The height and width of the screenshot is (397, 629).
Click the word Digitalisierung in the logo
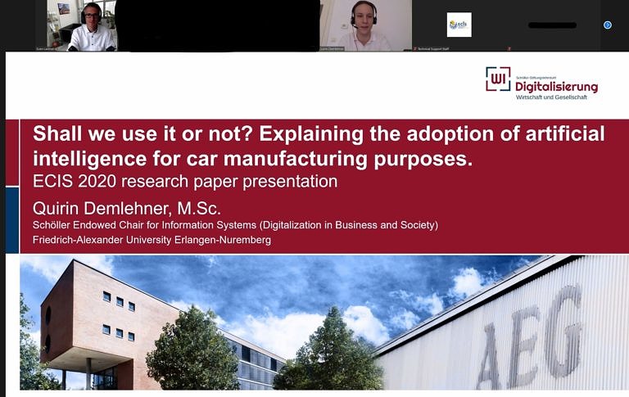(556, 86)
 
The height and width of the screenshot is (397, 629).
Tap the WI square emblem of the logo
(498, 79)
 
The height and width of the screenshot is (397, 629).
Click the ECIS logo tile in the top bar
(459, 25)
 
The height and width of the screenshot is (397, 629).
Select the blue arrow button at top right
(608, 25)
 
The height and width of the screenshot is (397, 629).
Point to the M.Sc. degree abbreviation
(200, 208)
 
